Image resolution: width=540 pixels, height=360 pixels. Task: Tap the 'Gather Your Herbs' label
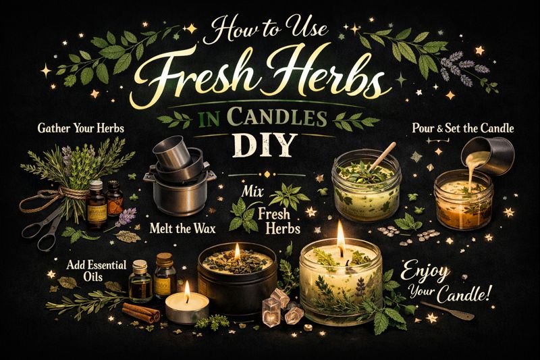[80, 128]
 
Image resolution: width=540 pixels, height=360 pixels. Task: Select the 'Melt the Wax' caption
[183, 228]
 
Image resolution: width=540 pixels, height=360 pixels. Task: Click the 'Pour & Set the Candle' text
[462, 128]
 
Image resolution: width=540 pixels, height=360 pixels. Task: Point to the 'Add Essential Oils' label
[97, 270]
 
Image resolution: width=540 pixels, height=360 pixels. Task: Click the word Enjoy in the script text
[425, 272]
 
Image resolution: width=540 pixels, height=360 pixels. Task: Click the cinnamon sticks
[141, 312]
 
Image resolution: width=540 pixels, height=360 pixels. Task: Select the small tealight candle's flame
[187, 289]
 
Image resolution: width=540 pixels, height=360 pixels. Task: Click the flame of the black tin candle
[237, 251]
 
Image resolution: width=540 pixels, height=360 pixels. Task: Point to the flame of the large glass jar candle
[340, 235]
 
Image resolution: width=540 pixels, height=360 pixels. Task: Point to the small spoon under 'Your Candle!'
[447, 310]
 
